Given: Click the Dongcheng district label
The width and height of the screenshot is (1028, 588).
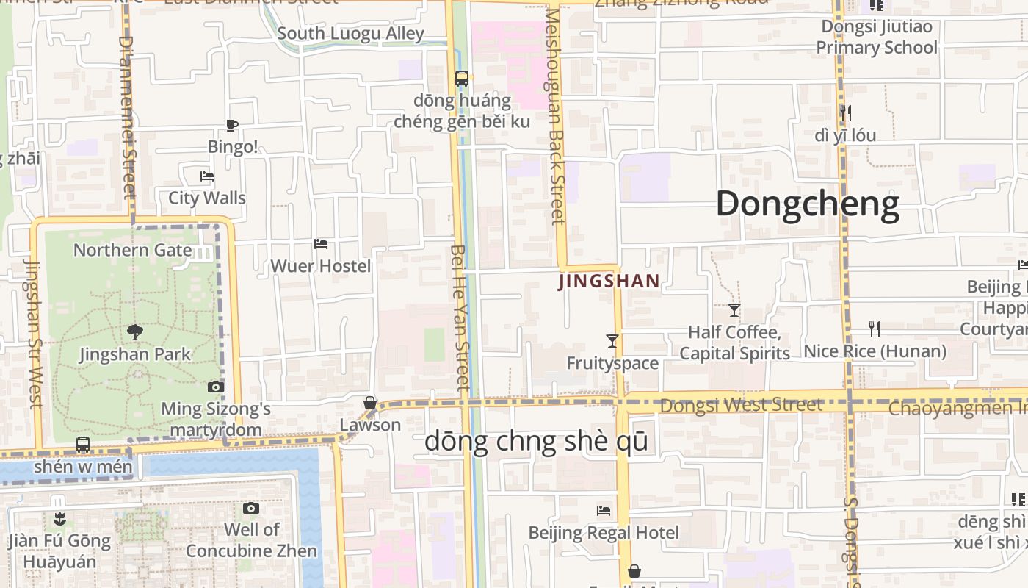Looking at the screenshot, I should tap(807, 204).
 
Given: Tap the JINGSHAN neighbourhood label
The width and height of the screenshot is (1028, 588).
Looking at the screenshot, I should tap(609, 281).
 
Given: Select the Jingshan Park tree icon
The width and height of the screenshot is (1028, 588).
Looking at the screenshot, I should tap(134, 332).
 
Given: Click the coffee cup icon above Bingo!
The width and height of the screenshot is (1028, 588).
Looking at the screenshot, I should tap(232, 125).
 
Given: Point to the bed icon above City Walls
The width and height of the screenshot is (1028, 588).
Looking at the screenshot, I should tap(207, 176).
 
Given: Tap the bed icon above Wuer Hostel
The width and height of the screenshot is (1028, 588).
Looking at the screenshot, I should tap(321, 244).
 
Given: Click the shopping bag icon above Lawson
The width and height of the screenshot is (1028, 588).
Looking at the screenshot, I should tap(370, 403).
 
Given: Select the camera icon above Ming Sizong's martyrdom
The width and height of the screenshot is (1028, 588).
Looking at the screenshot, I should tap(215, 387).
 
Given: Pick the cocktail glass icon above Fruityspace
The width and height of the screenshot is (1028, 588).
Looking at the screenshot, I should tap(612, 340).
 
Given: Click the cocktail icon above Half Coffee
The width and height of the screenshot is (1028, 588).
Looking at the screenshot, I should tap(734, 309).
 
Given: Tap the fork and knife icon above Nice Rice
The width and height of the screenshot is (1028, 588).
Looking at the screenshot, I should tap(874, 329).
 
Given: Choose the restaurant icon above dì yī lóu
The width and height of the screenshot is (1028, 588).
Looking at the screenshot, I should tap(845, 112).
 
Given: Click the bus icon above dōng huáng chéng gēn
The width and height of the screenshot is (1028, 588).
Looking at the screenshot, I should tap(462, 78).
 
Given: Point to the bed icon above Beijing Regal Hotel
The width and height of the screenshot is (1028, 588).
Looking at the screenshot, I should tap(604, 510).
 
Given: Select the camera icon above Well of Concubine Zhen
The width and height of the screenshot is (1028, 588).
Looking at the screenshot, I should tap(251, 508).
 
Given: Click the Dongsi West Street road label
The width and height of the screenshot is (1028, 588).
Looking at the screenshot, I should tap(741, 405).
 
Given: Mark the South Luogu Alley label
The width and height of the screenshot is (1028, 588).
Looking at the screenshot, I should tap(350, 34).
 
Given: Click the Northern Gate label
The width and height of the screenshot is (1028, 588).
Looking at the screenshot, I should tap(132, 250).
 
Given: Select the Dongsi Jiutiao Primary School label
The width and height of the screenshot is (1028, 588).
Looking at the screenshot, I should tap(877, 37).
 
